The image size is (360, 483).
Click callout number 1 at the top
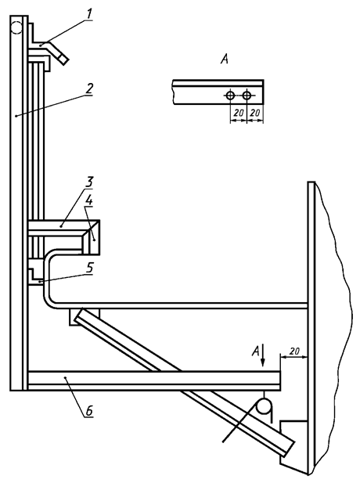tap(88, 15)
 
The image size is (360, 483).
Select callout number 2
tap(89, 89)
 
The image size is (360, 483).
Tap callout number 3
tap(88, 182)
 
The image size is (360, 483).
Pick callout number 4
tap(88, 201)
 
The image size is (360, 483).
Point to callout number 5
tap(89, 268)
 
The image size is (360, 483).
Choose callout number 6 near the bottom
tap(88, 412)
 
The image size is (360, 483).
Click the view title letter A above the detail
tap(225, 59)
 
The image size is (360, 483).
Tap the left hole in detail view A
tap(230, 96)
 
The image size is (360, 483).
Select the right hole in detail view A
tap(247, 96)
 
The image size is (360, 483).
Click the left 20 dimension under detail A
tap(239, 113)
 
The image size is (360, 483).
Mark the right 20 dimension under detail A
tap(254, 113)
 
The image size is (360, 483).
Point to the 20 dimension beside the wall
tap(295, 351)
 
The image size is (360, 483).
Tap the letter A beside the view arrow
tap(256, 351)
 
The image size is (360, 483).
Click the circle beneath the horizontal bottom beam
tap(265, 406)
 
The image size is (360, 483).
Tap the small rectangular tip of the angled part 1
tap(63, 59)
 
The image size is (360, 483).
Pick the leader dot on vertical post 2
tap(16, 116)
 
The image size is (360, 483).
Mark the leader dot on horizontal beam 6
tap(65, 377)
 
